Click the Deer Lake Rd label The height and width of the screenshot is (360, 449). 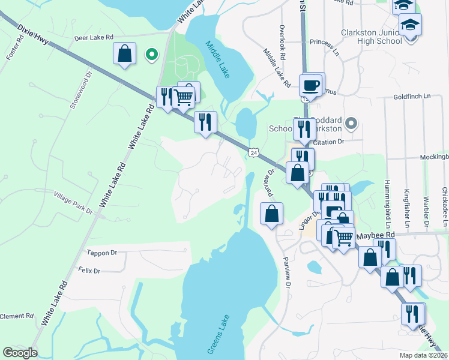coord(93,37)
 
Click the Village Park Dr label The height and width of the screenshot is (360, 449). coord(73,195)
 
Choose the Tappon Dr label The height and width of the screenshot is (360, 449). coord(101,253)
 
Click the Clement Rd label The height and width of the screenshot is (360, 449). coord(16,316)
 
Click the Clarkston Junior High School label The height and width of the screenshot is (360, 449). coord(371,37)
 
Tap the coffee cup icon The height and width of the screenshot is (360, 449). coord(311,85)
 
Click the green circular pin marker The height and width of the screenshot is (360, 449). coord(152,55)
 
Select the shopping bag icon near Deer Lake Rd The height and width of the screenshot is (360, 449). coord(124,53)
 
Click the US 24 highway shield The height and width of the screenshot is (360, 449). coord(255,153)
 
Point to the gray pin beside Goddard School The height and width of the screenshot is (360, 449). coord(352,124)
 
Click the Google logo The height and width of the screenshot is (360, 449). coord(20,353)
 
